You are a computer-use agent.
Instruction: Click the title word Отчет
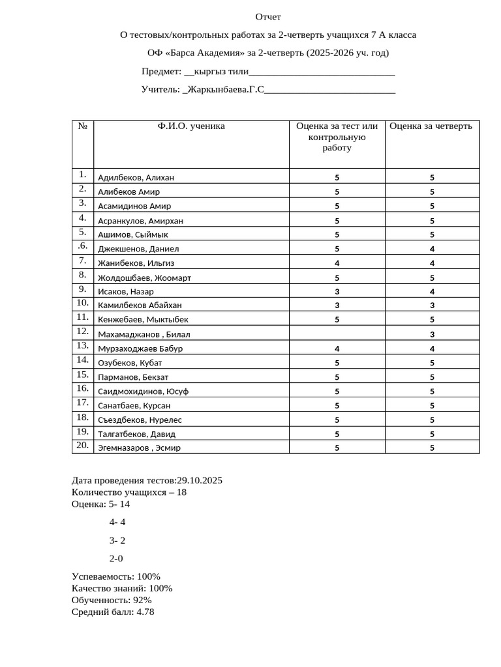(x=268, y=17)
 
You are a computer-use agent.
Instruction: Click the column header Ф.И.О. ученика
(x=191, y=126)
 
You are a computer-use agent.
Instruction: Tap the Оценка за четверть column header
(x=431, y=126)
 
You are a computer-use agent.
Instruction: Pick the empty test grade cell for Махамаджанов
(x=337, y=333)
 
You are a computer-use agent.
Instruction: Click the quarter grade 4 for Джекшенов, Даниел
(x=432, y=249)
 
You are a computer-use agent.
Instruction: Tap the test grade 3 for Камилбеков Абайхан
(x=337, y=305)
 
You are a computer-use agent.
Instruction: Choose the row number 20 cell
(x=82, y=446)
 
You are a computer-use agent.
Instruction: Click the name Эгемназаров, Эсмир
(x=139, y=448)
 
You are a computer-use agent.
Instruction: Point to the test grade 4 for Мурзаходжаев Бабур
(x=337, y=348)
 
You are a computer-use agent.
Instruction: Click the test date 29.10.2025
(x=195, y=481)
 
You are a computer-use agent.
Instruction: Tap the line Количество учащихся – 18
(x=129, y=492)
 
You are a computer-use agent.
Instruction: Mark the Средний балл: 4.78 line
(x=113, y=612)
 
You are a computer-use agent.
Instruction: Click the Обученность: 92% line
(x=112, y=600)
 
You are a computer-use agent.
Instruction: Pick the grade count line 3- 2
(x=117, y=540)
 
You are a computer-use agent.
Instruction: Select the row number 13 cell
(x=82, y=346)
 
